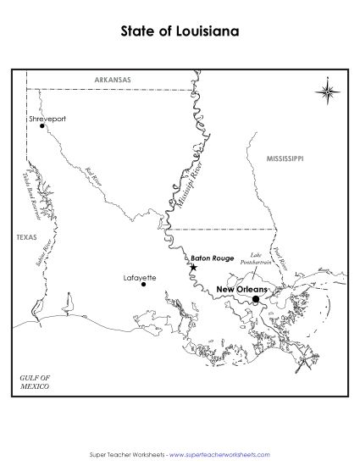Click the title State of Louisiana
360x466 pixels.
[x=180, y=32]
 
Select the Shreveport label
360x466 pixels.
[x=47, y=119]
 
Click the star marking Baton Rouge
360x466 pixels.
[x=193, y=268]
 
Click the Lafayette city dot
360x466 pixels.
[x=143, y=285]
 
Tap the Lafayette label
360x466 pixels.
[x=140, y=276]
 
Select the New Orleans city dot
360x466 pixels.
[x=256, y=298]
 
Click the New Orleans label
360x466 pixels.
[x=241, y=289]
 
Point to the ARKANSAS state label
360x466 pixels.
[x=113, y=80]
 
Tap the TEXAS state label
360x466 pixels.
[x=26, y=238]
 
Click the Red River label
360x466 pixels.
[x=93, y=175]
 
